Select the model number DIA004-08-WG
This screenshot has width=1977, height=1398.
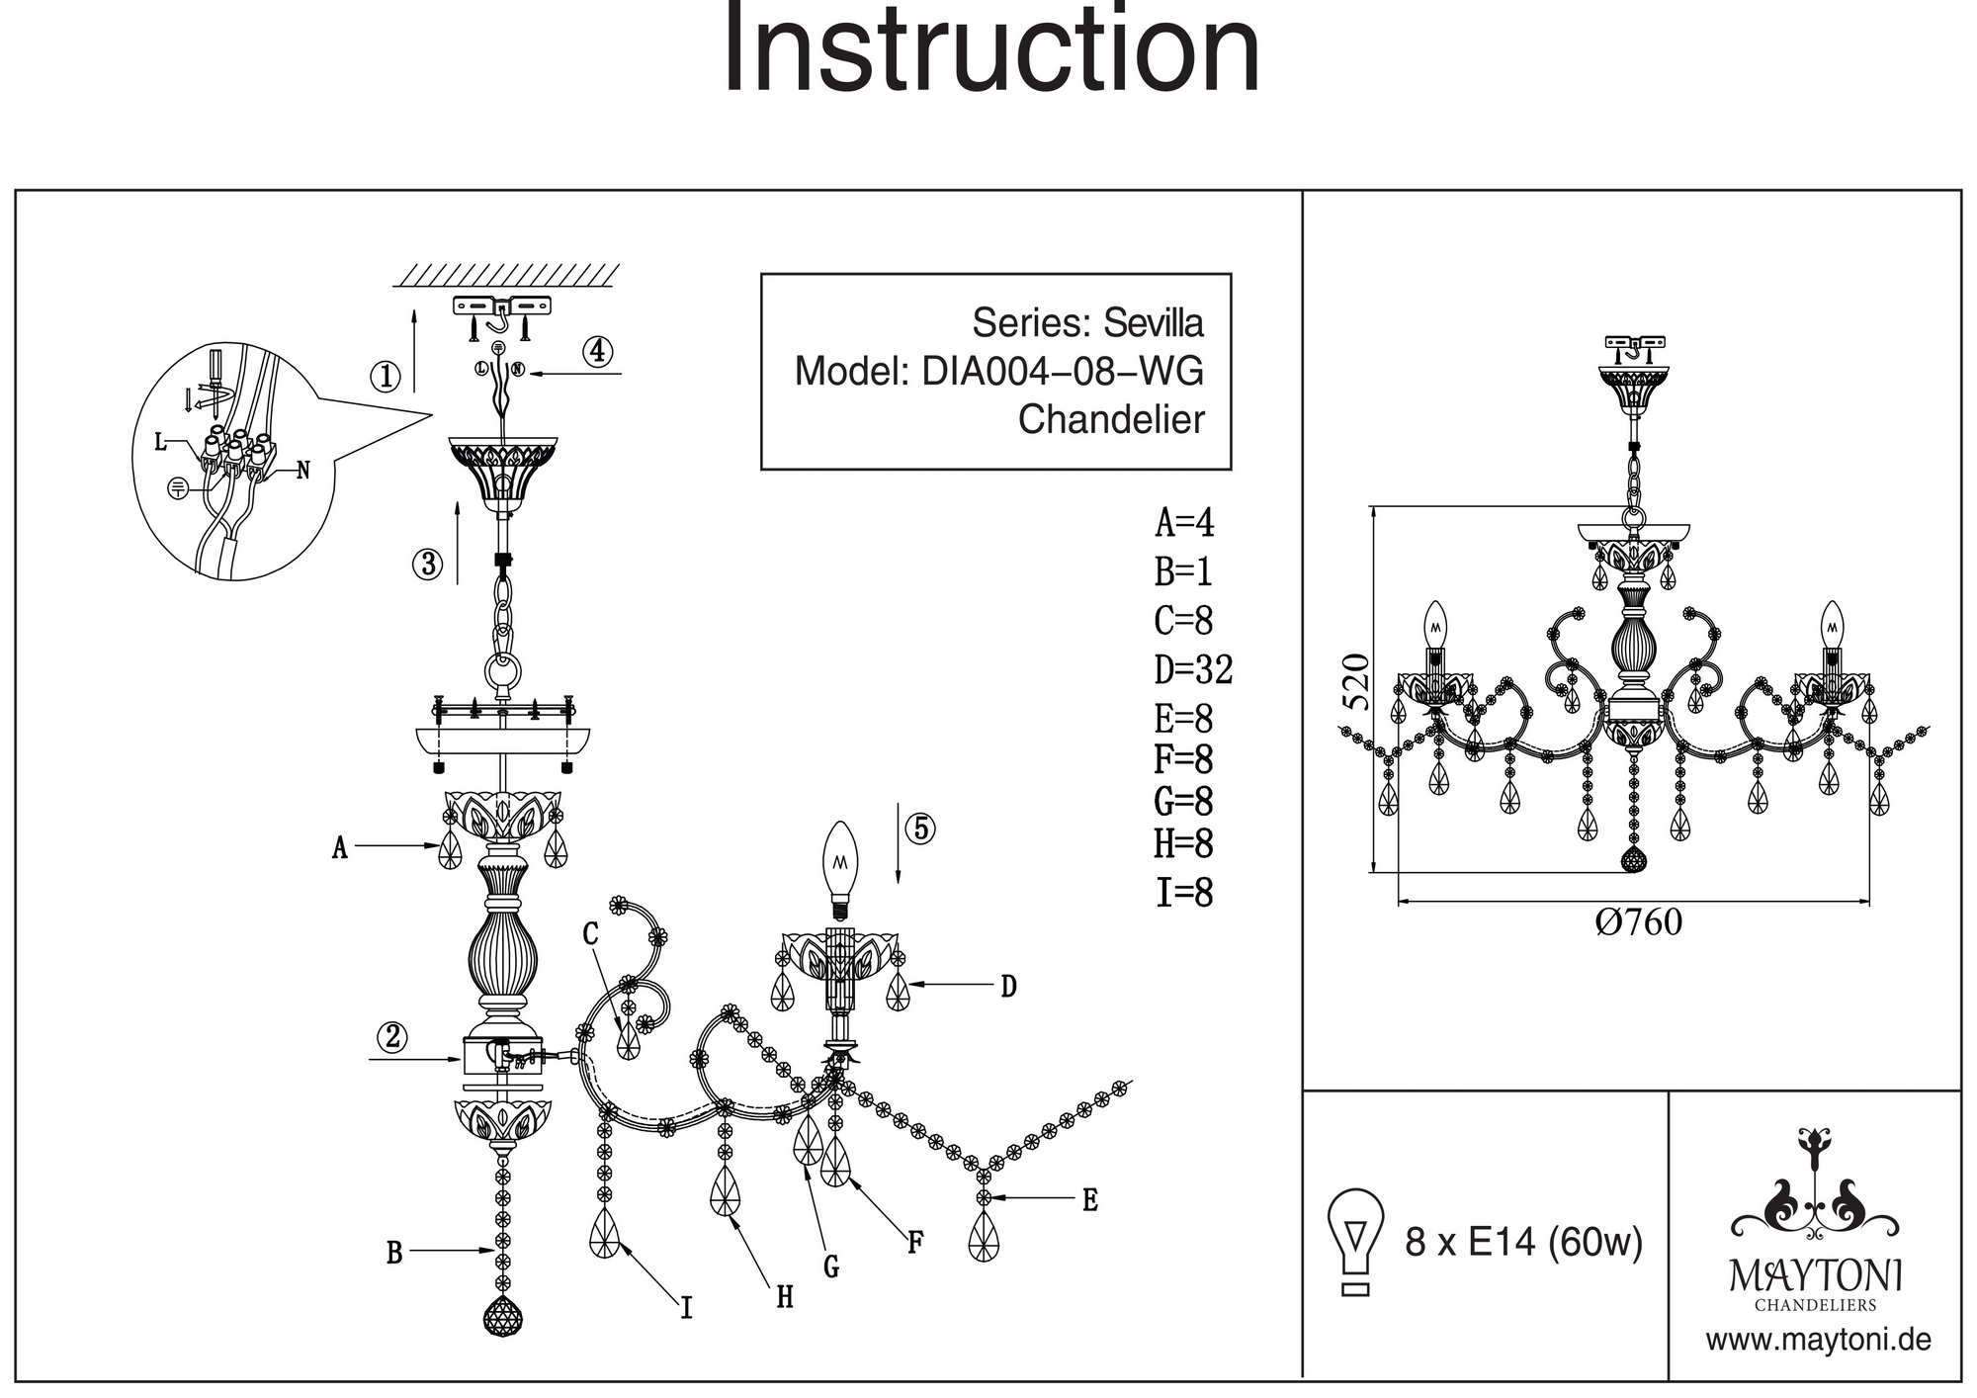tap(1063, 372)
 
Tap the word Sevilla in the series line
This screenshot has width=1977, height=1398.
tap(1154, 323)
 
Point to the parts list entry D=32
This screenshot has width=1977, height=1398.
tap(1194, 670)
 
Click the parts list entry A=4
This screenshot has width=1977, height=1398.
tap(1184, 522)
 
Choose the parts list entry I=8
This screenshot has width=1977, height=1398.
tap(1184, 893)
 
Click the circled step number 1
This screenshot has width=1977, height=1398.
tap(386, 376)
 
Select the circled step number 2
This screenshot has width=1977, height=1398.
tap(393, 1037)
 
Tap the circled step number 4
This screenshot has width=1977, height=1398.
tap(597, 351)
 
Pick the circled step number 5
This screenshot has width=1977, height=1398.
tap(920, 829)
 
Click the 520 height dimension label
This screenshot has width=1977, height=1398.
tap(1358, 682)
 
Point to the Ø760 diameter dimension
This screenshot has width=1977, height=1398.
tap(1638, 921)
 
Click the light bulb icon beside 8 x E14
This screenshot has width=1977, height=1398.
tap(1356, 1241)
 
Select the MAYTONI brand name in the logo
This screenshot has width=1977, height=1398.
tap(1815, 1275)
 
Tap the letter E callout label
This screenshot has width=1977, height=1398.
tap(1089, 1200)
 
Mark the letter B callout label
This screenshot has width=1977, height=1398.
tap(394, 1254)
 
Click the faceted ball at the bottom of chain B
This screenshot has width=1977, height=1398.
tap(503, 1316)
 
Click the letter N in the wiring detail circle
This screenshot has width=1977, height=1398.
tap(303, 471)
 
